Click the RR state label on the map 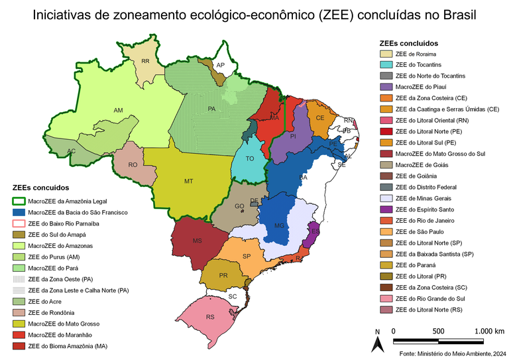[145, 62]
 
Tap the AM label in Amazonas [119, 110]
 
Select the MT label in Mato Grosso [189, 180]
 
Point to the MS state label [197, 241]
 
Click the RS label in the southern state [210, 317]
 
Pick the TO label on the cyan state [250, 159]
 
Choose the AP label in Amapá [221, 65]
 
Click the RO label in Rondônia [133, 165]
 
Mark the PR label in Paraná [223, 274]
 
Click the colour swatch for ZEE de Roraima [384, 54]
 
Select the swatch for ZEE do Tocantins [384, 65]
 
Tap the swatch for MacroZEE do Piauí [384, 87]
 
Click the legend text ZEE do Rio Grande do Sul [429, 298]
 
